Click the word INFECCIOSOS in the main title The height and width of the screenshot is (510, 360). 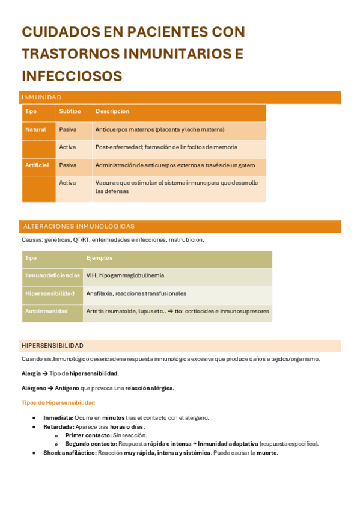(x=72, y=76)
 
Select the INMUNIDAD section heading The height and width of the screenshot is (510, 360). (x=41, y=97)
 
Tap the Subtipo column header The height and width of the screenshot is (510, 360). (x=70, y=111)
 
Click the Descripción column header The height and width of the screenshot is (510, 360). (x=112, y=111)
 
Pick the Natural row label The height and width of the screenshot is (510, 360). (x=35, y=129)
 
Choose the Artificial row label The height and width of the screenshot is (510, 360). (x=37, y=165)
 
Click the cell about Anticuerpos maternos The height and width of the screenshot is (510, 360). (x=159, y=129)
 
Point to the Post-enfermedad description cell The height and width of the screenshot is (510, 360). (x=166, y=147)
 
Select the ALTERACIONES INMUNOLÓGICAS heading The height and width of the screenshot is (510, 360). (x=79, y=226)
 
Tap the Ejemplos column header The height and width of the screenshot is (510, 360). (x=99, y=257)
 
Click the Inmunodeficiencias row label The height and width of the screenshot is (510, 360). (x=52, y=275)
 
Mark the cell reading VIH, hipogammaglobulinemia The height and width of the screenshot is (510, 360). (x=125, y=275)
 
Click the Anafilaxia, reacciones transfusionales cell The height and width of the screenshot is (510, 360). (x=136, y=293)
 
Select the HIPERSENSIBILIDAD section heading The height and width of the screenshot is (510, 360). (x=52, y=346)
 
